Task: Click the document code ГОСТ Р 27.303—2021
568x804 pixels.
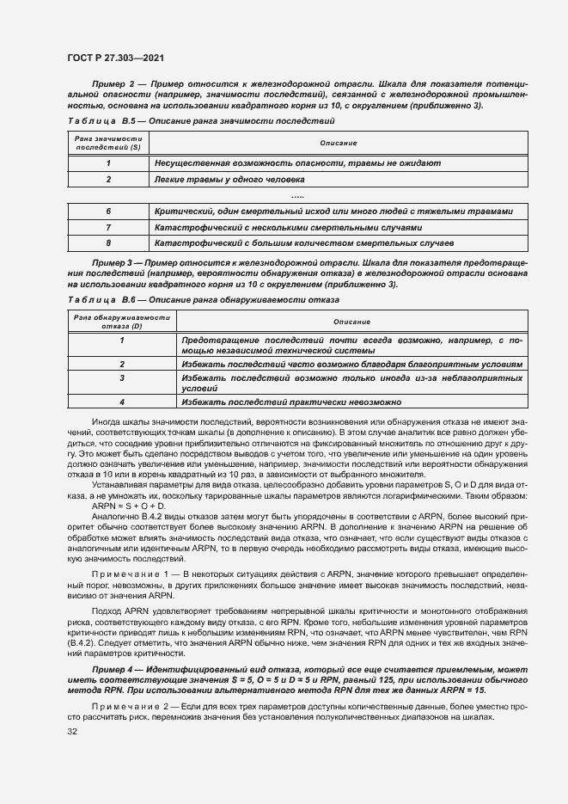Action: [116, 58]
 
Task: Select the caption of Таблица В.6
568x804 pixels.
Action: [203, 299]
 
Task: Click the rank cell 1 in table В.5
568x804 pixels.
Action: [108, 163]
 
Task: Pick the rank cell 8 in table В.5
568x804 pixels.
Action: [108, 244]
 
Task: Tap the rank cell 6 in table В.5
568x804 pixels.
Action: [108, 212]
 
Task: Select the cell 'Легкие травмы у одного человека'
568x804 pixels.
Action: [229, 180]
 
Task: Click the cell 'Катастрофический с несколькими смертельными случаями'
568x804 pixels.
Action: [289, 228]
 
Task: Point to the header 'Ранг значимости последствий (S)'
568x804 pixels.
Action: [108, 143]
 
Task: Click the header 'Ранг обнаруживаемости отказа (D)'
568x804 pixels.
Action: [121, 321]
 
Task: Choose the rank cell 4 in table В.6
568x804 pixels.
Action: [121, 402]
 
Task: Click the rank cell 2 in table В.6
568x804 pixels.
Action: [121, 365]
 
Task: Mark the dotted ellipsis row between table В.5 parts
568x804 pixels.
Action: [297, 196]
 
